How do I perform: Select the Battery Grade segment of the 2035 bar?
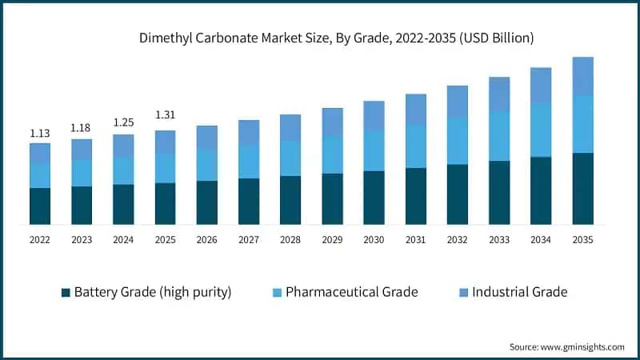pyautogui.click(x=582, y=188)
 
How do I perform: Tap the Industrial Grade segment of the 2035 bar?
pyautogui.click(x=582, y=76)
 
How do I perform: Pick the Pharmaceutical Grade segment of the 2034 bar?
pyautogui.click(x=541, y=130)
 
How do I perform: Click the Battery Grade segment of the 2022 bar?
pyautogui.click(x=40, y=206)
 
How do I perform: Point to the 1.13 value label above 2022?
pyautogui.click(x=40, y=133)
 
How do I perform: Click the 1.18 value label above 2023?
pyautogui.click(x=82, y=128)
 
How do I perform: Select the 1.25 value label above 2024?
pyautogui.click(x=123, y=123)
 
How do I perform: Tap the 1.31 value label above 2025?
pyautogui.click(x=165, y=115)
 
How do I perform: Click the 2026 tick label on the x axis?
pyautogui.click(x=206, y=239)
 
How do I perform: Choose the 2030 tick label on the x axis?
pyautogui.click(x=374, y=239)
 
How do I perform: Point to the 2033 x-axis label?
pyautogui.click(x=499, y=239)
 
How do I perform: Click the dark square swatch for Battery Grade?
pyautogui.click(x=66, y=293)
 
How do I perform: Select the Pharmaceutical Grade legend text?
pyautogui.click(x=352, y=292)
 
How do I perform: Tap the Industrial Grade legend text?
pyautogui.click(x=519, y=292)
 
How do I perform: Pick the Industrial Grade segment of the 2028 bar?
pyautogui.click(x=290, y=127)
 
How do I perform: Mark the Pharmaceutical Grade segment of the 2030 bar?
pyautogui.click(x=374, y=150)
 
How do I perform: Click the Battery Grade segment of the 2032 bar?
pyautogui.click(x=458, y=194)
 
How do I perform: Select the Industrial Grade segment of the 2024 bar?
pyautogui.click(x=123, y=145)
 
